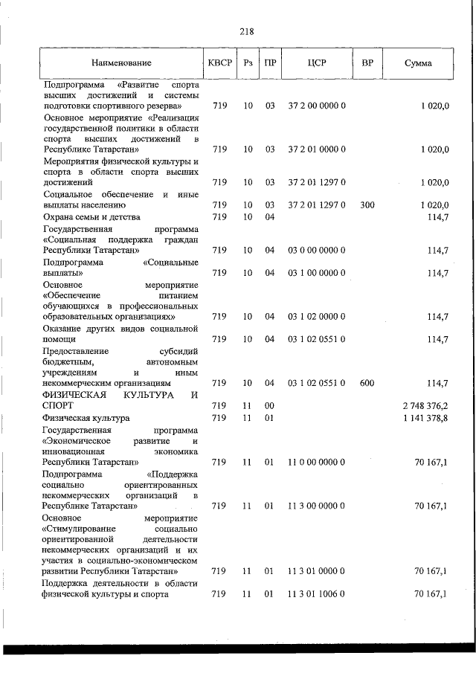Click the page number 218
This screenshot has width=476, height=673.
pos(247,31)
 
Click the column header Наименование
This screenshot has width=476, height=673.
pos(122,63)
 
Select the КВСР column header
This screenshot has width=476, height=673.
pos(219,63)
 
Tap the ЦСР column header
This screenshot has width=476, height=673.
pos(316,63)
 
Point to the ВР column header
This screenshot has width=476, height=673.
pos(367,63)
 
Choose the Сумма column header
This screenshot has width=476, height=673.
pos(418,63)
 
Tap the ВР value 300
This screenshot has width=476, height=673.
pos(367,205)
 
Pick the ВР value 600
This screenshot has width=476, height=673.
pos(367,384)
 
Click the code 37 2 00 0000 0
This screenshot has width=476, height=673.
pos(316,107)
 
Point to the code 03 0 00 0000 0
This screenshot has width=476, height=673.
pos(316,251)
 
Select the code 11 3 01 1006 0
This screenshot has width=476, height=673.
pos(316,594)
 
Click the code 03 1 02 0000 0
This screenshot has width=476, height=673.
pos(316,317)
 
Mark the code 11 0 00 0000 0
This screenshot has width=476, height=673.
pos(316,462)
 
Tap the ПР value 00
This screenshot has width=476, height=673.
pos(269,406)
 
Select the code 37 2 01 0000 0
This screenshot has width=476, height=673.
pos(316,149)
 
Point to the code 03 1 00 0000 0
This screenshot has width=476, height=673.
pos(316,273)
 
